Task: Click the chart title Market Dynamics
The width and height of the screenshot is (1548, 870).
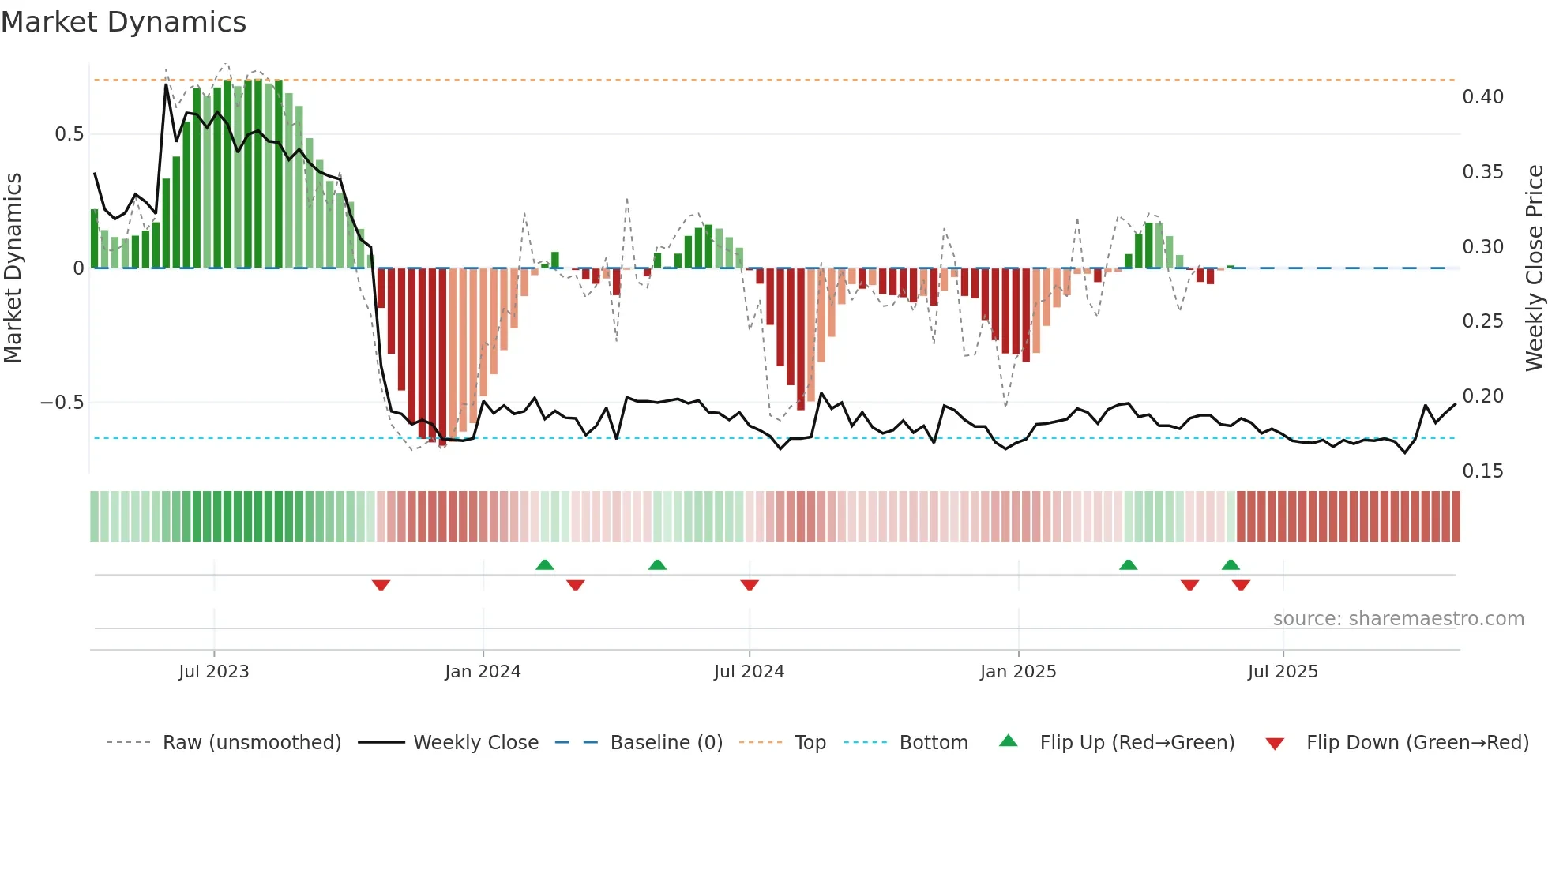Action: point(123,22)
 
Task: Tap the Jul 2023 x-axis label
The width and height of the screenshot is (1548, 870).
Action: point(213,672)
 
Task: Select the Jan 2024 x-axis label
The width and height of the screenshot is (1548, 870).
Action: point(483,672)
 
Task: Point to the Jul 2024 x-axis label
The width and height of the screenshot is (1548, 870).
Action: point(749,672)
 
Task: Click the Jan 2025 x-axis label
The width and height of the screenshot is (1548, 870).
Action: point(1018,672)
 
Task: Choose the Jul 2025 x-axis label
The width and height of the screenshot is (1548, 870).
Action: point(1283,672)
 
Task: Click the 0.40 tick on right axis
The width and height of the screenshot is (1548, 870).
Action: point(1482,97)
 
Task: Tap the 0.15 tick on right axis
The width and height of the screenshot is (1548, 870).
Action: point(1482,471)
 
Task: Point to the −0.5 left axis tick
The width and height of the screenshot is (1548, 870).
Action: point(62,403)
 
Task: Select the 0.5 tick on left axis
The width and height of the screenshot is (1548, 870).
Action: point(70,134)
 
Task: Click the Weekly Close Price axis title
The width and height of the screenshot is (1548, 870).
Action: point(1534,268)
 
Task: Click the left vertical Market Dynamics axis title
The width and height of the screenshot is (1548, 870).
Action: point(13,268)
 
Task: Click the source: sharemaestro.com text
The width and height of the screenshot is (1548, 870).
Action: point(1398,619)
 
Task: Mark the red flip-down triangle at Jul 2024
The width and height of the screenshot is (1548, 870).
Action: point(750,585)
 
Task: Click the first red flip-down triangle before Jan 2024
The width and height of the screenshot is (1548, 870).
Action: point(381,585)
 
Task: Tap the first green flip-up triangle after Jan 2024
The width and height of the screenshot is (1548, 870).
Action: point(544,564)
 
